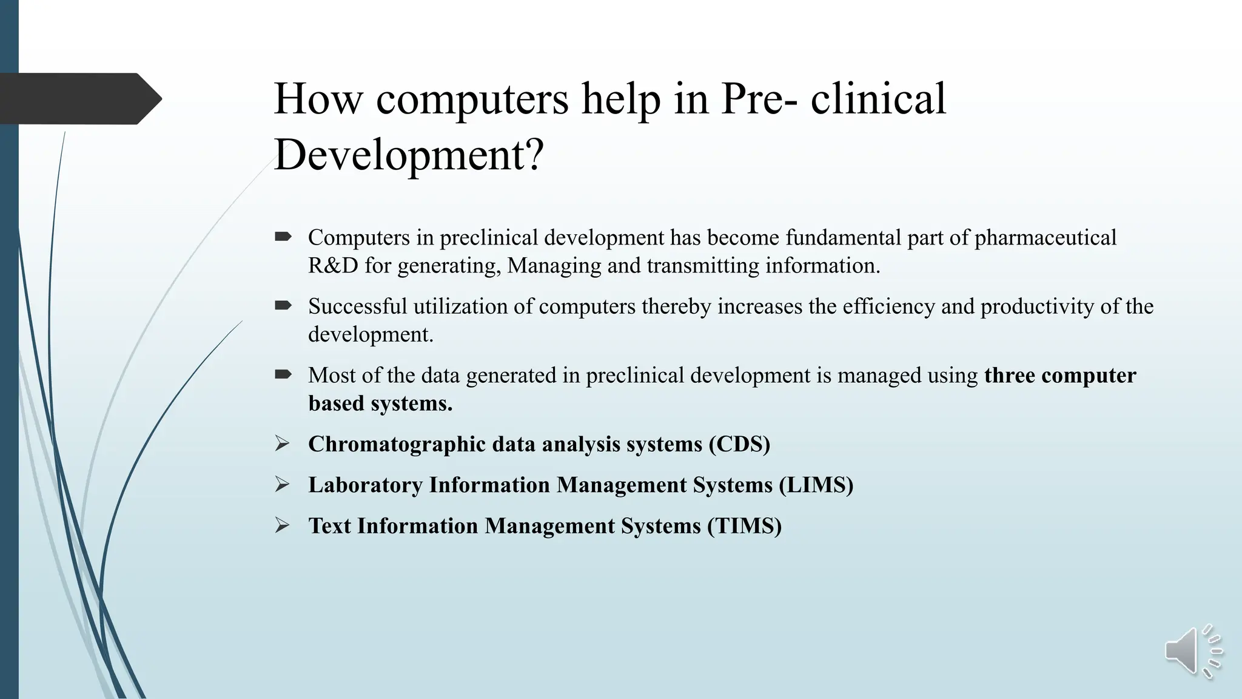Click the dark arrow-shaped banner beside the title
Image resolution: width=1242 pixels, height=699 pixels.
(x=79, y=99)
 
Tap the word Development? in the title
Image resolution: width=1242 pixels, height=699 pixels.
(x=409, y=155)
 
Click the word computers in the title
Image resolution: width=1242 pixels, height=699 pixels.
(x=472, y=99)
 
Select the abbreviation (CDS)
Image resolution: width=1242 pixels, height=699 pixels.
(x=739, y=444)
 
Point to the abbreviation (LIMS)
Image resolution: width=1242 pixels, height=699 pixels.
(x=816, y=485)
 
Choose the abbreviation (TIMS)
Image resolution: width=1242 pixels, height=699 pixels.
(x=745, y=526)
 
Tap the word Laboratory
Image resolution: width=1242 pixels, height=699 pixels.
(x=365, y=485)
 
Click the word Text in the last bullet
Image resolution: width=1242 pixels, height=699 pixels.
(x=329, y=526)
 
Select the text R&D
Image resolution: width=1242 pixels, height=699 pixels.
(x=333, y=266)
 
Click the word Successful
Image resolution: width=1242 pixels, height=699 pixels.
(x=357, y=306)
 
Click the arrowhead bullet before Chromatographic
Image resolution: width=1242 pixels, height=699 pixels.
(x=282, y=444)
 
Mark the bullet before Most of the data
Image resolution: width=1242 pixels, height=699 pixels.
(x=283, y=374)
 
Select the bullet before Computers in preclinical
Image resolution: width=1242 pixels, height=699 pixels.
(x=283, y=237)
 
